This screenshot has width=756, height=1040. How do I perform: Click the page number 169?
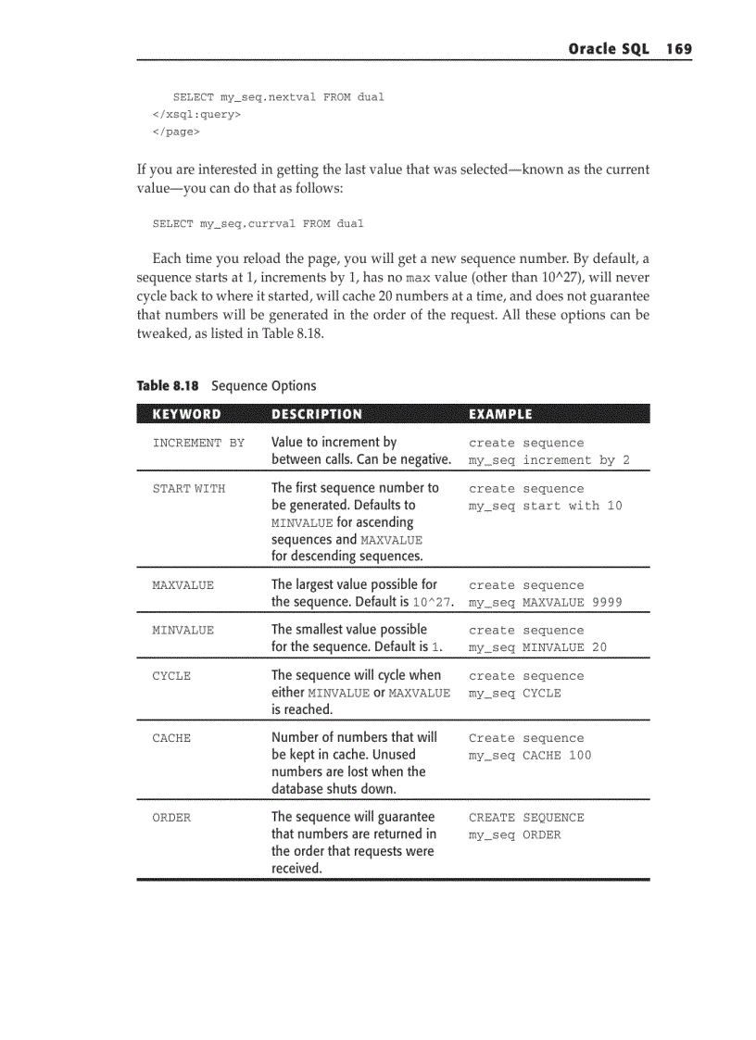[678, 49]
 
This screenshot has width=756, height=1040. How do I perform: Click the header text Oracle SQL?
[609, 49]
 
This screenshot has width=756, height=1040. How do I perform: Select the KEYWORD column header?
[186, 414]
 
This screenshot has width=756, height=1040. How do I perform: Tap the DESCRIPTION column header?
[317, 414]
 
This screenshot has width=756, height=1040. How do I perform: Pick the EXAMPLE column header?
[500, 414]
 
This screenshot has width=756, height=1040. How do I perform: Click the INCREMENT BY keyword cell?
[198, 443]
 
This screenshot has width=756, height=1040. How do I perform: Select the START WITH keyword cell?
[188, 488]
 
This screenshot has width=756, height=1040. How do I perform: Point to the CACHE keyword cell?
[171, 738]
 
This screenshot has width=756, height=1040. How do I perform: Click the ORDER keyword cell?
[171, 818]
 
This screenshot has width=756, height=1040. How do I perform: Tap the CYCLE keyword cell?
[171, 676]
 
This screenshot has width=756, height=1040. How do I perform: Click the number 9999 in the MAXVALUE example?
[607, 603]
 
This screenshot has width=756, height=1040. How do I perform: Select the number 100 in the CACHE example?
[580, 756]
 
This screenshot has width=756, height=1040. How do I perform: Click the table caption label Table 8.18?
[168, 386]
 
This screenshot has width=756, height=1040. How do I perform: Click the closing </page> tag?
[176, 132]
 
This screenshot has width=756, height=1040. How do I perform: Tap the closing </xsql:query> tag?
[196, 115]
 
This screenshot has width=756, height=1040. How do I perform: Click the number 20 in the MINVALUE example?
[599, 647]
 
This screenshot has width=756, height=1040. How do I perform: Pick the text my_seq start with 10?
[545, 506]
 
